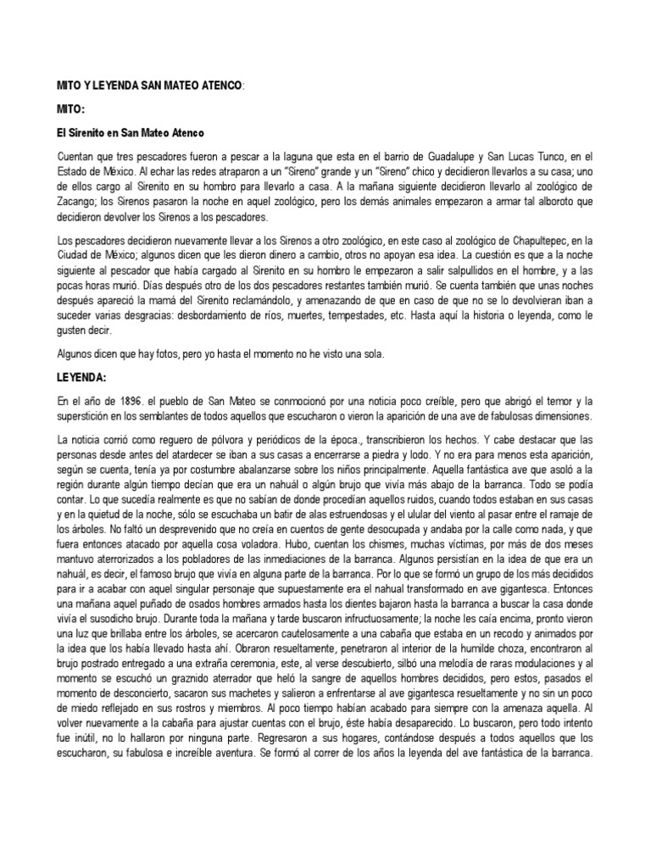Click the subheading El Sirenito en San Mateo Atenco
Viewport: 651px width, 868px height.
click(131, 134)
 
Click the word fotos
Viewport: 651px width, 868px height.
click(171, 355)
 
